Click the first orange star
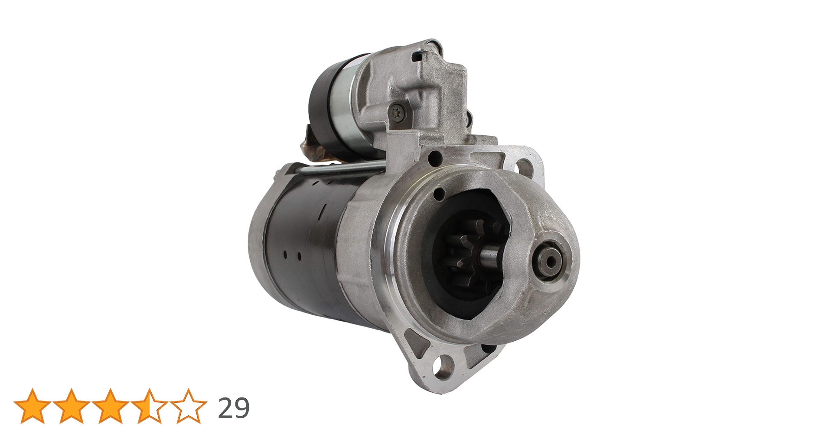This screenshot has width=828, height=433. coord(33,406)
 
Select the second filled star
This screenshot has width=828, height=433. coord(72,406)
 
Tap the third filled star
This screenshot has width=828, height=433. coord(110,406)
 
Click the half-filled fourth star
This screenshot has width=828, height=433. coord(149,406)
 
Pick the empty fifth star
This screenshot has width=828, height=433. coord(188,406)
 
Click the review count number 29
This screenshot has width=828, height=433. coord(234,408)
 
